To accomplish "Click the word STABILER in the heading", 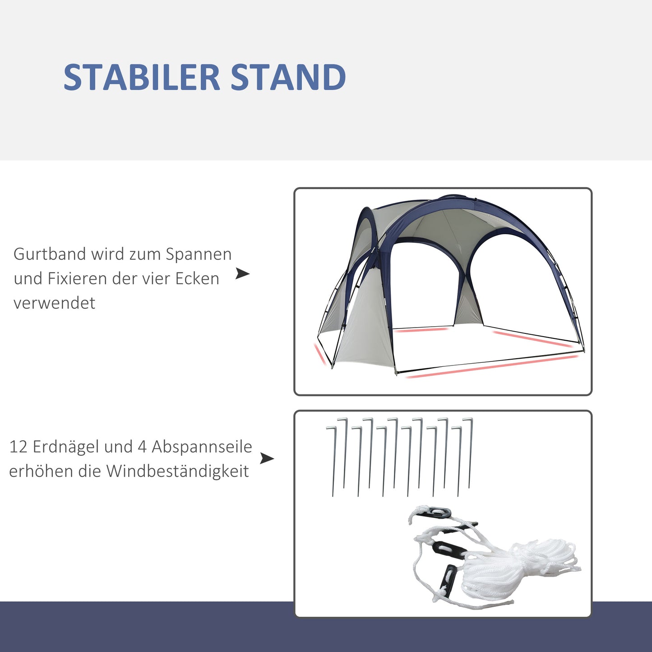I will click(x=141, y=78).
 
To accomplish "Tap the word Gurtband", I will click(x=50, y=254).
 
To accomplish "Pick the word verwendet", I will click(x=54, y=303).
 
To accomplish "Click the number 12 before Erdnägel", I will click(x=18, y=447).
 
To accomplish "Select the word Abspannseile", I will click(x=202, y=447).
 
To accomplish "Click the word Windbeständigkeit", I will click(x=177, y=472).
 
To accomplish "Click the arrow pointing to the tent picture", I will click(x=243, y=273).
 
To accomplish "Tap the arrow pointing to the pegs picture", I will click(x=267, y=459).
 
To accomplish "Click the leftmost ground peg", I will click(x=333, y=460).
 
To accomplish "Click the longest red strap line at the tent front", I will click(x=492, y=365).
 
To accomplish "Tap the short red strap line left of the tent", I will click(x=320, y=354).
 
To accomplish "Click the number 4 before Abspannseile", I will click(x=142, y=447).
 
